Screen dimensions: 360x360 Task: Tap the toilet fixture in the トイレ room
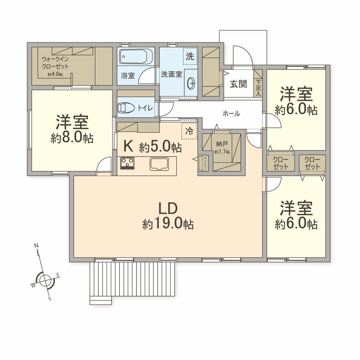tap(126, 107)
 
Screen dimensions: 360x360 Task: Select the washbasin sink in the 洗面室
tap(191, 83)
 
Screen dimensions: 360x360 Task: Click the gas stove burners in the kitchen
tap(127, 163)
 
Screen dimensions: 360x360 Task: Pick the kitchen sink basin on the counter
tap(159, 164)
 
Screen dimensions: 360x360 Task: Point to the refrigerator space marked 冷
tap(189, 131)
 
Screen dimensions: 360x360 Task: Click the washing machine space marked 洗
tap(190, 56)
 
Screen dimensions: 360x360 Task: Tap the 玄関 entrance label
tap(238, 84)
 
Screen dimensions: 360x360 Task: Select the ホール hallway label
tap(231, 113)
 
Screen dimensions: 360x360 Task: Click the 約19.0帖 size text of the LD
tap(168, 224)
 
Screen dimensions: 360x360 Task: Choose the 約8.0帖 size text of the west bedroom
tap(72, 138)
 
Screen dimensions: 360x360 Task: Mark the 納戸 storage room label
tap(222, 144)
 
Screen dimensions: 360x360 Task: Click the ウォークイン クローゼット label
tap(55, 63)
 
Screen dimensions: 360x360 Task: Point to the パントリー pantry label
tap(205, 163)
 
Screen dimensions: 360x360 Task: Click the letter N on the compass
tap(36, 246)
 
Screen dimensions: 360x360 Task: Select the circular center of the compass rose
tap(45, 280)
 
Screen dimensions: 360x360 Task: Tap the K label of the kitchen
tap(128, 147)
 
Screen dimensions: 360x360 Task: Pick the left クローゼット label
tap(280, 163)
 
